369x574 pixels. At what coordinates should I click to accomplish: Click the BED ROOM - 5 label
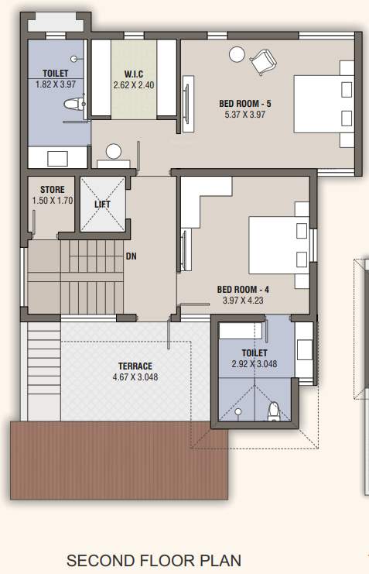coord(244,102)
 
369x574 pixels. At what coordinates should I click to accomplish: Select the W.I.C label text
coord(135,74)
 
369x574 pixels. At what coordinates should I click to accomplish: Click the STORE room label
coord(52,189)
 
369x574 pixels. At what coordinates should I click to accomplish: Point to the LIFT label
coord(102,205)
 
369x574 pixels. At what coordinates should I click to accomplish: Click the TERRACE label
coord(135,366)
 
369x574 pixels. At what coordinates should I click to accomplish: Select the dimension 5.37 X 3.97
coord(244,114)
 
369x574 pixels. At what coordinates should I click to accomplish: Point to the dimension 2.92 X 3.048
coord(254,364)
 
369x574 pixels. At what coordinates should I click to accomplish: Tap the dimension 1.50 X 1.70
coord(52,200)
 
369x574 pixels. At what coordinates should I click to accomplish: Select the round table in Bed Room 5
coord(236,53)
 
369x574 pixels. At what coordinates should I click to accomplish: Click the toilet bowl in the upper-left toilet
coord(72,105)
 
